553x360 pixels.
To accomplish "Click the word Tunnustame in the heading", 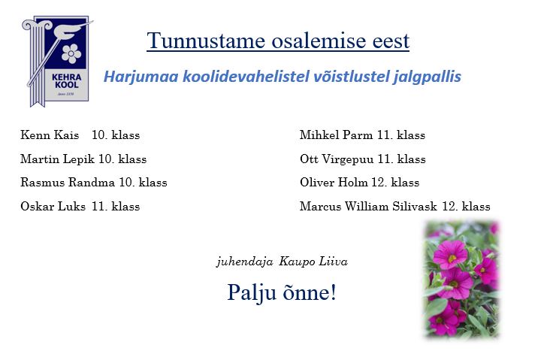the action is coord(206,41).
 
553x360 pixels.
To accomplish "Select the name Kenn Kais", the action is coord(50,135).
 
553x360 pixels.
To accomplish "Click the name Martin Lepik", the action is coord(58,159).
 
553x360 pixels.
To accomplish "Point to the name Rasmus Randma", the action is coord(68,183).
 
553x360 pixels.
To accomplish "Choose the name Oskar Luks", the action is coord(53,206).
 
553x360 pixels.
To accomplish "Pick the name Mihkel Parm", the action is coord(336,135).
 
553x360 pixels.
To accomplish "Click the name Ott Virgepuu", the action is coord(337,159).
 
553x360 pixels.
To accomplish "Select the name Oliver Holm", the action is coord(334,183).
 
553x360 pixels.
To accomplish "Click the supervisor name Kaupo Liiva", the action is coord(313,262).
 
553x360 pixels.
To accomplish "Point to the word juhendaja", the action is coord(245,262).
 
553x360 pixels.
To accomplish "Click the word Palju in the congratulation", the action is coord(252,293).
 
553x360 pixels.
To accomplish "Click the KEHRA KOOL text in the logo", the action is coord(67,81).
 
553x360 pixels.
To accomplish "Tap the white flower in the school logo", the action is coord(71,53).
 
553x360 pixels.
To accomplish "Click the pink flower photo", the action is coord(462,279).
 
